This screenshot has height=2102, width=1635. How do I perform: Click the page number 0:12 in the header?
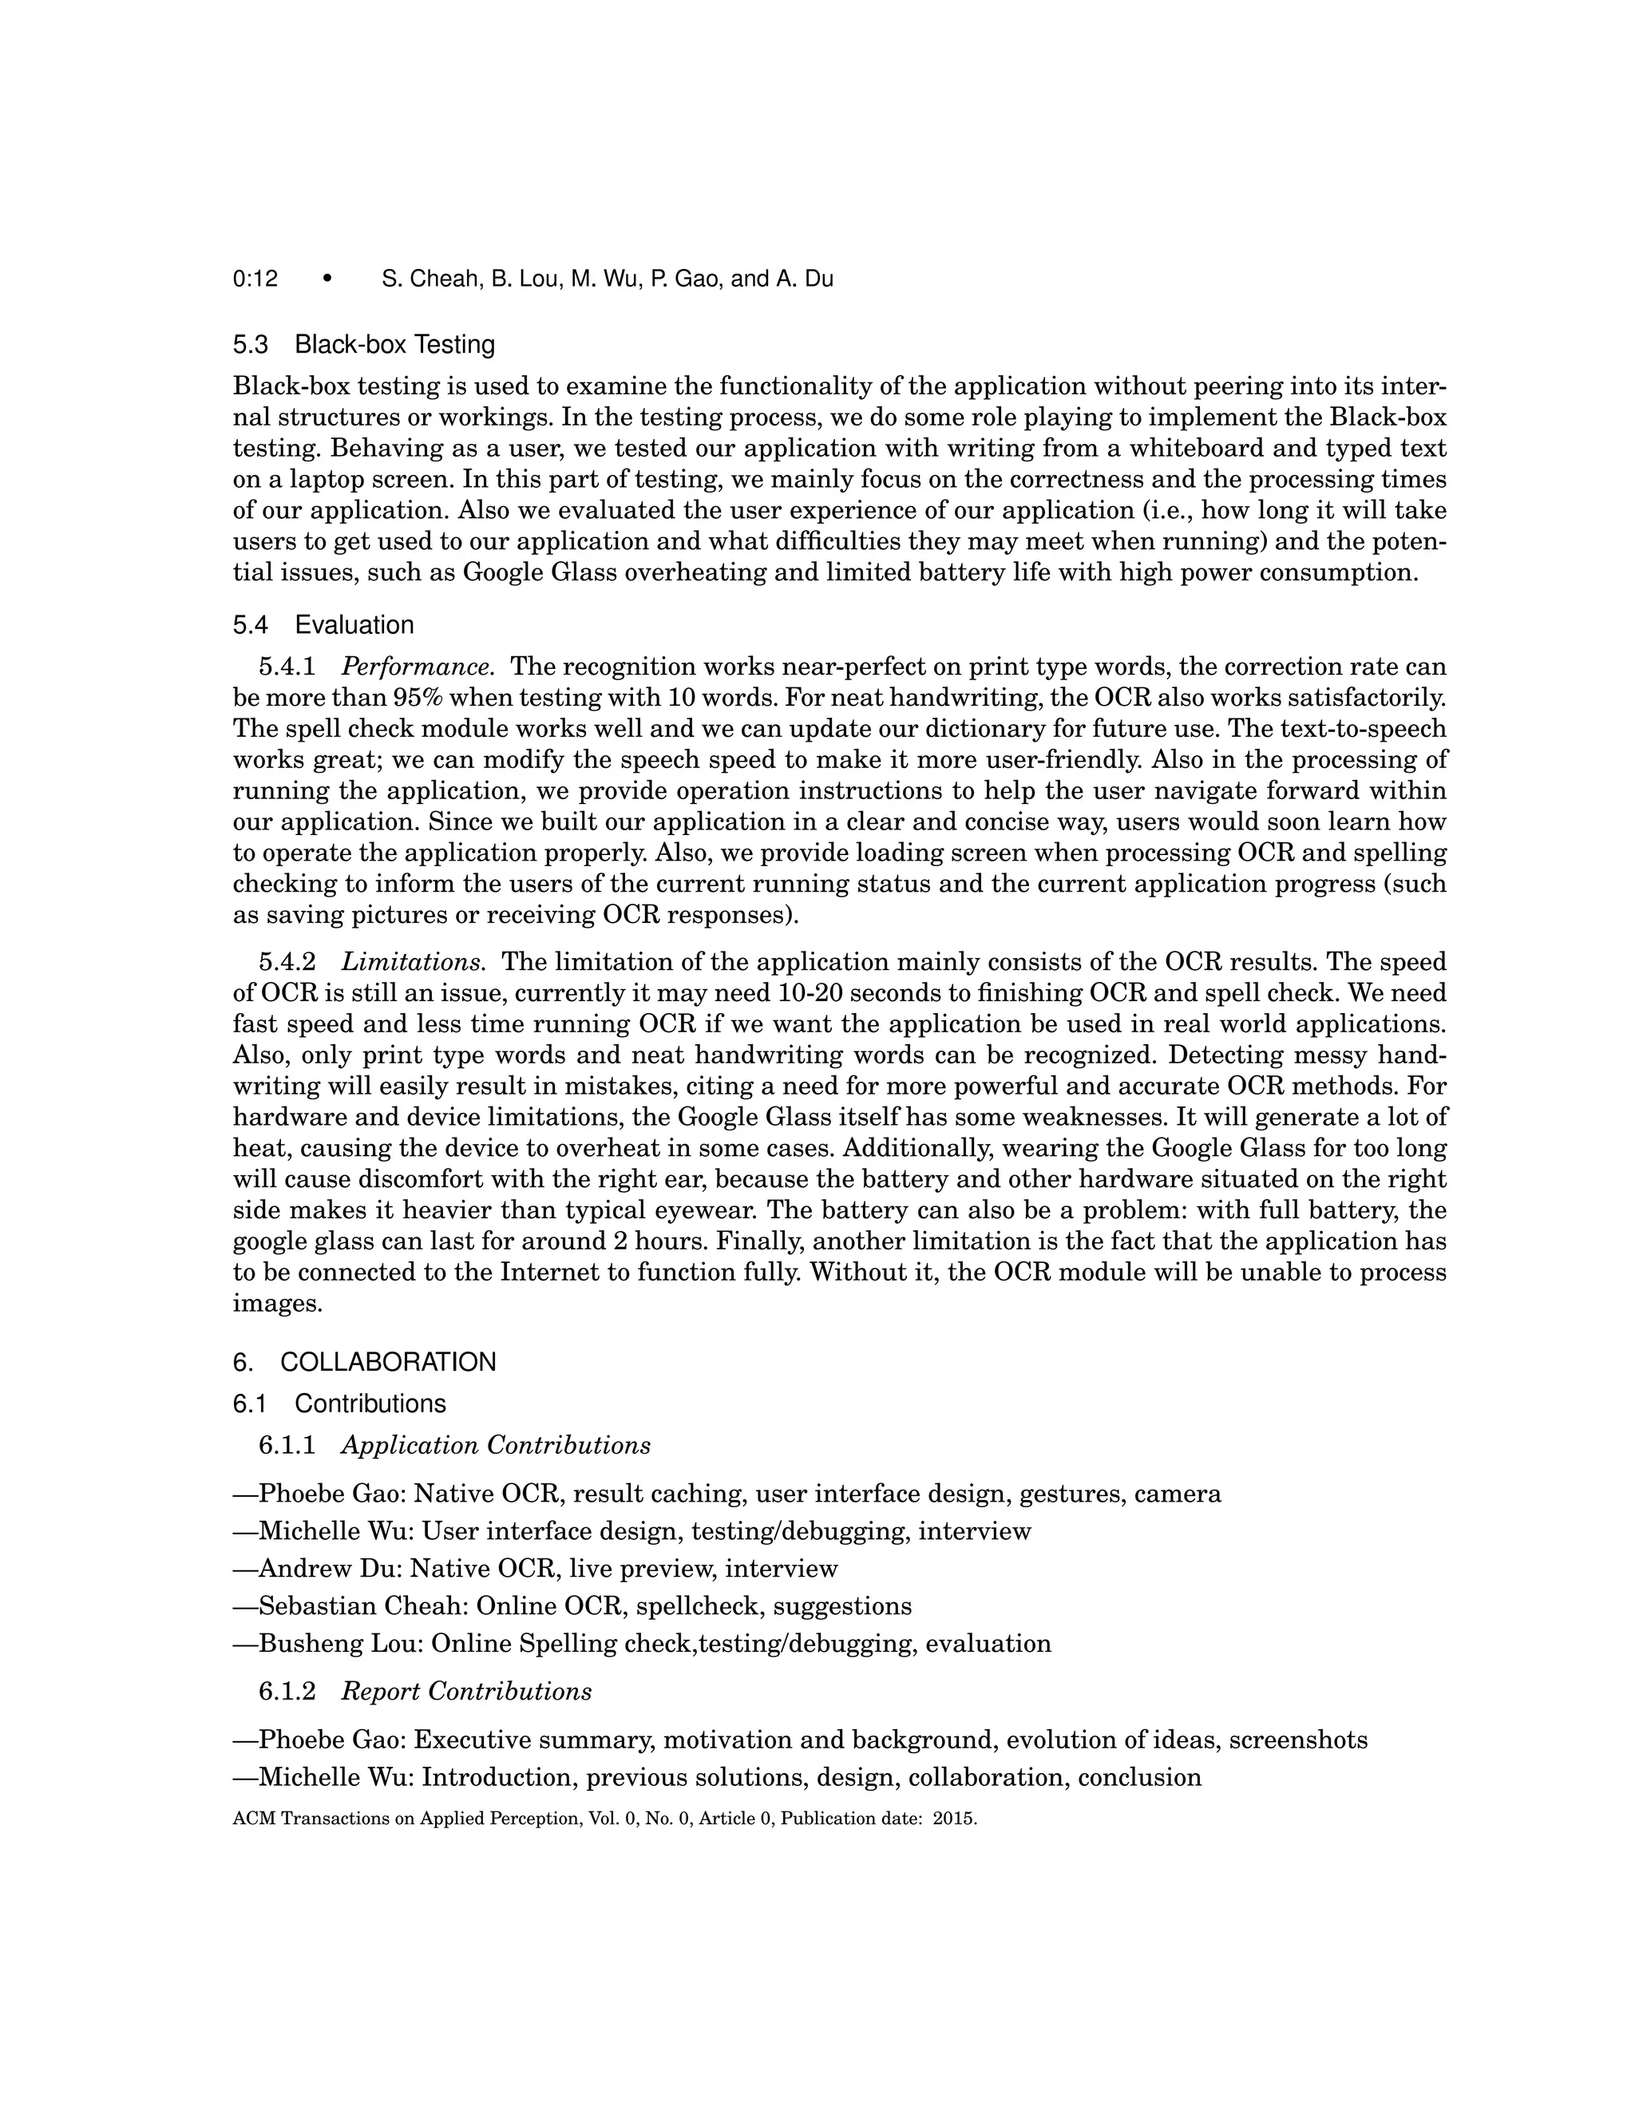(x=255, y=279)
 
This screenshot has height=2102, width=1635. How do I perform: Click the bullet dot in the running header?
(x=327, y=279)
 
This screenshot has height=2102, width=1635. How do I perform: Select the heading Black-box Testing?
(x=394, y=345)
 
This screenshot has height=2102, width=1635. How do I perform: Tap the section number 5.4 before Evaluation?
(x=250, y=626)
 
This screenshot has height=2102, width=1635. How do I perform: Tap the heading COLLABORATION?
(x=388, y=1363)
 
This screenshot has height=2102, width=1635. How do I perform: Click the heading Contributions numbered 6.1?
(x=370, y=1404)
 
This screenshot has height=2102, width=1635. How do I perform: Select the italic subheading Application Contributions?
(x=496, y=1446)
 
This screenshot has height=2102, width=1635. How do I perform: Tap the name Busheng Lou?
(x=342, y=1644)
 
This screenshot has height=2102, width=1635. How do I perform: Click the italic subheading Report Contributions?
(x=467, y=1692)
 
